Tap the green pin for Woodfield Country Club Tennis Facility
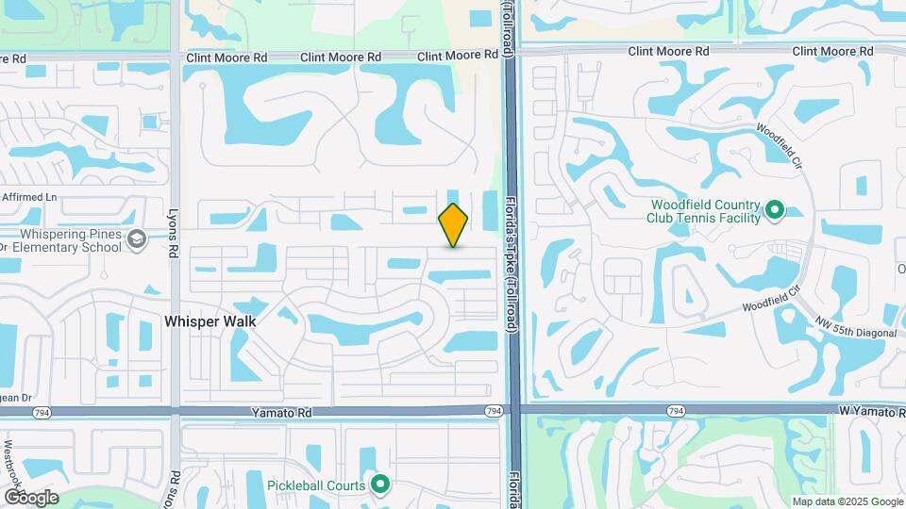tap(775, 209)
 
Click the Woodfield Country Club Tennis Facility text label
tap(703, 211)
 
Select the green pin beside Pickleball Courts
tap(380, 484)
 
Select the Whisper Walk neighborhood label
tap(210, 321)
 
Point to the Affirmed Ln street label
tap(29, 197)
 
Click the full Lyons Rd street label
tap(174, 235)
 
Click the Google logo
tap(30, 497)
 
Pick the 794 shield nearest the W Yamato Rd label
tap(676, 411)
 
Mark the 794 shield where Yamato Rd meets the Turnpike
tap(494, 411)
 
